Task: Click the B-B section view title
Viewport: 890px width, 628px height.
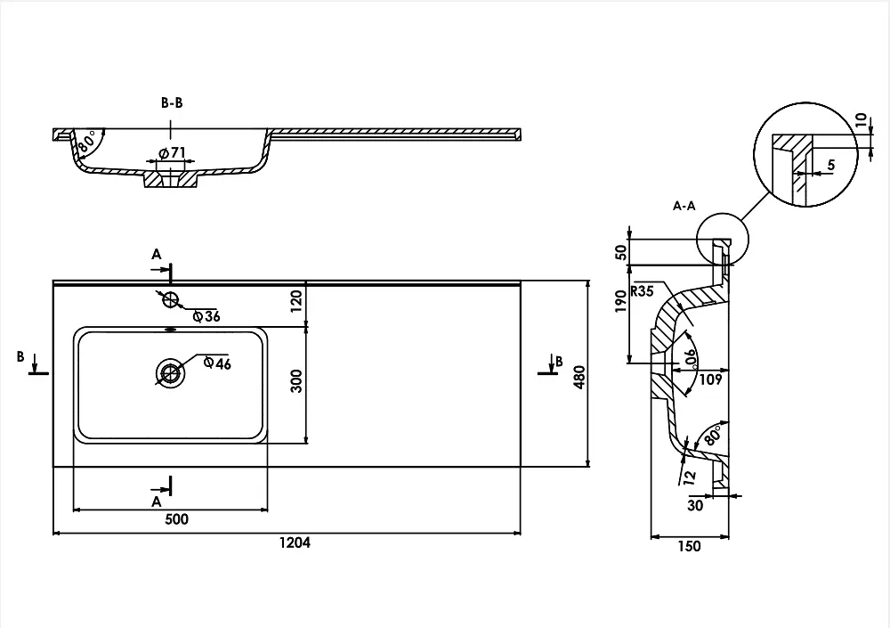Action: click(x=172, y=102)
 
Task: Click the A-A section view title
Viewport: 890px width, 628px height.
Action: click(x=684, y=206)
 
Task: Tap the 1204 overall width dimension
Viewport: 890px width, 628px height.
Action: click(x=295, y=542)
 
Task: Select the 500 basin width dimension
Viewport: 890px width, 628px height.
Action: click(x=176, y=519)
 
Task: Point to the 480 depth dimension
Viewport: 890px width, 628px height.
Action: click(x=579, y=377)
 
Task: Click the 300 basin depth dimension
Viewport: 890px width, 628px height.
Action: click(x=296, y=380)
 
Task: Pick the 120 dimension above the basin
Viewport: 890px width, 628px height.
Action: click(x=296, y=301)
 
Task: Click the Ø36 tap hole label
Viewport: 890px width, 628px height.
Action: click(x=206, y=316)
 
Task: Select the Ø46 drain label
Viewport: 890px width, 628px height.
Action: click(x=217, y=363)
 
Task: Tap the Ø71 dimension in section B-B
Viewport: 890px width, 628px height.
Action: click(x=172, y=153)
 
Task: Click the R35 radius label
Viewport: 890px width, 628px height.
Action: click(x=642, y=291)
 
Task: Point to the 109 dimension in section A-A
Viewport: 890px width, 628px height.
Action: click(x=710, y=379)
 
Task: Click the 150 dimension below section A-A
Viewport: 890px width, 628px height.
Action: click(x=689, y=546)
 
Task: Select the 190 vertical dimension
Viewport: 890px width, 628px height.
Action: click(x=621, y=300)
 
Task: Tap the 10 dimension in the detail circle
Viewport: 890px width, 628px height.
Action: click(x=862, y=120)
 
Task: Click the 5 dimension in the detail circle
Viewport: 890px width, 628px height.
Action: click(x=831, y=165)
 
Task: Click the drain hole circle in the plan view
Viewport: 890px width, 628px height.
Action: click(x=170, y=373)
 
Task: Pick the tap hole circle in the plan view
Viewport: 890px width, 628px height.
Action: click(x=171, y=299)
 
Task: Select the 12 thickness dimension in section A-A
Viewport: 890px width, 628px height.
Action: click(x=690, y=477)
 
